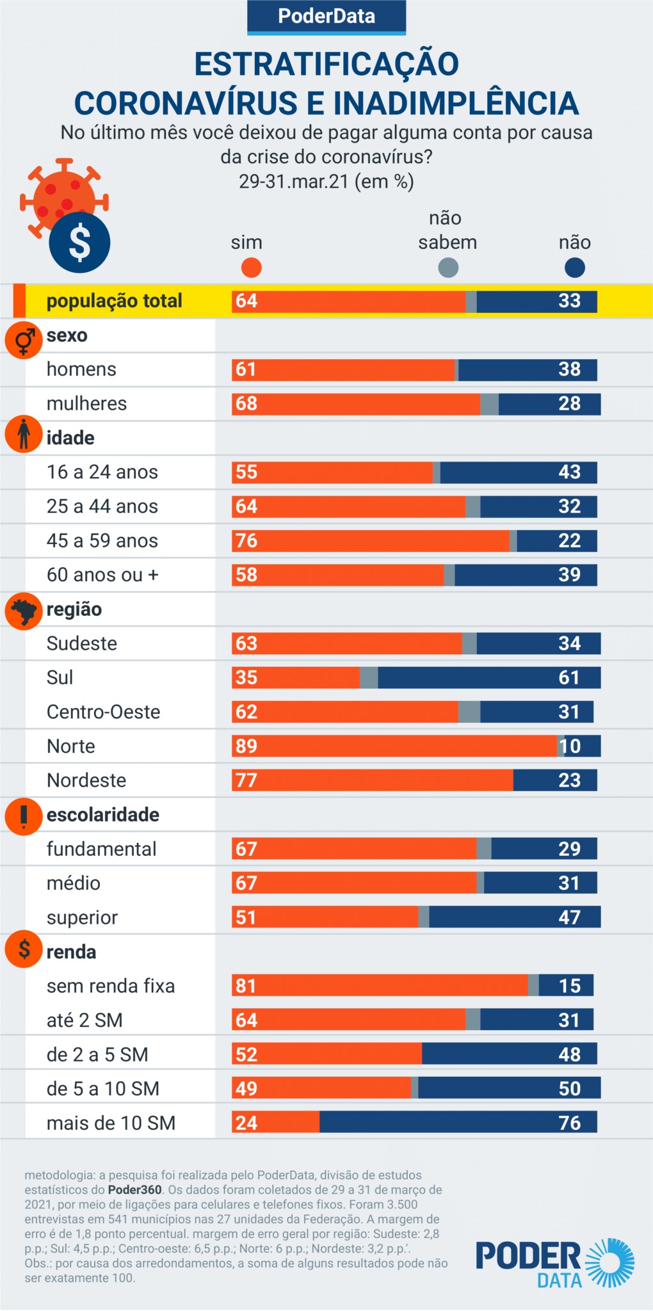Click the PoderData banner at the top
pos(326,17)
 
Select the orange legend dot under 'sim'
pos(252,268)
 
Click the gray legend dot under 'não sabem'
pos(448,268)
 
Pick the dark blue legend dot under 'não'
pos(575,268)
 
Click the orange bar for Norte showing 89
pos(394,746)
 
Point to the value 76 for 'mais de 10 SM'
pos(569,1123)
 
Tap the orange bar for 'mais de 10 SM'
pos(275,1123)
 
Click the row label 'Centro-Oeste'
pos(103,712)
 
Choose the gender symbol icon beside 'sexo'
pos(24,340)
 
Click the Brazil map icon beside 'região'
pos(24,611)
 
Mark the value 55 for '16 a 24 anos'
pos(246,472)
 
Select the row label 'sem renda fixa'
pos(111,986)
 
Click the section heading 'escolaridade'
pos(102,815)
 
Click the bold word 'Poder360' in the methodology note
pos(134,1190)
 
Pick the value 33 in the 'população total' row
pos(569,301)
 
